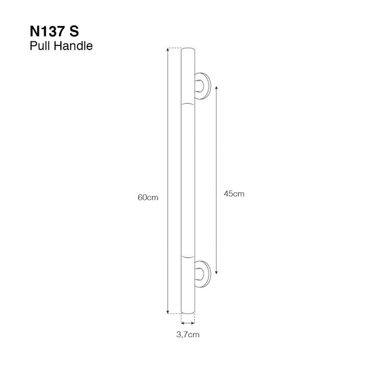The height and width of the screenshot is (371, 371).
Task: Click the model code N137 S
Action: coord(54,31)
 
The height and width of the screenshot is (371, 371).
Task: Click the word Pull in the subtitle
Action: coord(40,45)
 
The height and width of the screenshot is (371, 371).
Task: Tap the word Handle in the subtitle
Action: coord(73,45)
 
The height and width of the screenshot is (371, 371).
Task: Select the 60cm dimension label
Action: coord(148,198)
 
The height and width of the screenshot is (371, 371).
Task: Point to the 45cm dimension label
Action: coord(234,194)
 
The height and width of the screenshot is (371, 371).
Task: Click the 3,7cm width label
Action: coord(188,335)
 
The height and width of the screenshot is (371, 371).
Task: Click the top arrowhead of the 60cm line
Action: coord(168,49)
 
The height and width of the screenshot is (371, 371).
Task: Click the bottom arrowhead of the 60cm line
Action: coord(168,312)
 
